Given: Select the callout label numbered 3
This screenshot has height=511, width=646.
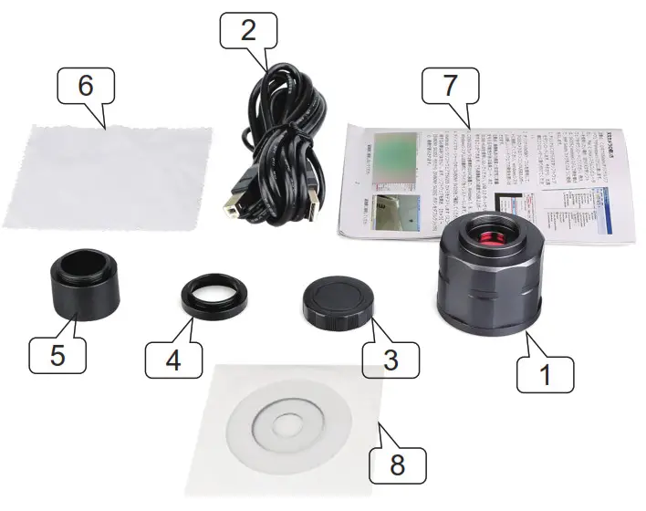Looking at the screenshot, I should click(x=391, y=359).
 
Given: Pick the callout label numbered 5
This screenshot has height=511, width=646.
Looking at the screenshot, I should click(x=57, y=353).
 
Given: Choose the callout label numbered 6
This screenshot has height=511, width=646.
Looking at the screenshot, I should click(x=86, y=86).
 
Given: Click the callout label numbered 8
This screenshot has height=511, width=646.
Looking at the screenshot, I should click(x=398, y=464).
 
